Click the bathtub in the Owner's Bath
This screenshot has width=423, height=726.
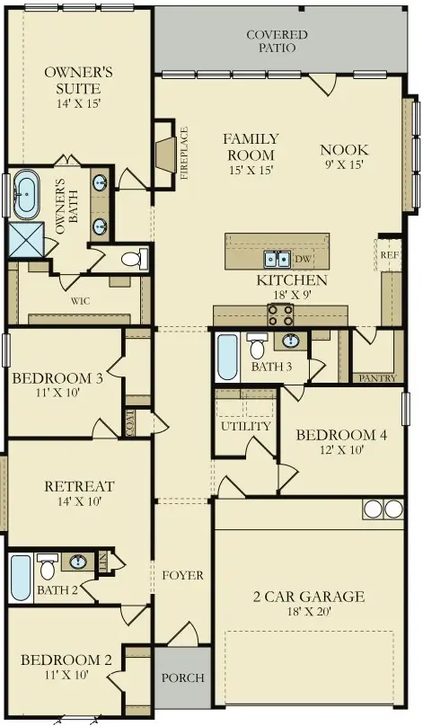pos(26,194)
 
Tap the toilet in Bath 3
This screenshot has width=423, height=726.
pos(256,345)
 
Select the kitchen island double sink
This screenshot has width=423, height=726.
pos(277,259)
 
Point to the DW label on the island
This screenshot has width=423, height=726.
pos(303,259)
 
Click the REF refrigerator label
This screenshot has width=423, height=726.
pos(390,255)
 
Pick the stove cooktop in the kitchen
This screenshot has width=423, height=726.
pos(281,315)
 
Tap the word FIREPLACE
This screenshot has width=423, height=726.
pos(184,153)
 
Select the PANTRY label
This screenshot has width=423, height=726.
pos(377,378)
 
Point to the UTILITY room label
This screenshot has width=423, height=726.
pos(245,426)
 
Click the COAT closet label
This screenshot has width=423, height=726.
pos(129,422)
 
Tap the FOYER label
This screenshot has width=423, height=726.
pos(183,576)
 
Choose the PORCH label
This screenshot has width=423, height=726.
pos(183,677)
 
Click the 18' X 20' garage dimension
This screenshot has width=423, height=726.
pos(308,612)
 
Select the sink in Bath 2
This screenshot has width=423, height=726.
pos(78,562)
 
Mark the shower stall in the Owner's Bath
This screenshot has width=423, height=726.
pos(26,240)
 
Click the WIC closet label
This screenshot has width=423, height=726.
pos(80,301)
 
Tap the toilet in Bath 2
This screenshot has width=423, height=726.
pos(48,566)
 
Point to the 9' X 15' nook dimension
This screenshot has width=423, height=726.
pos(343,164)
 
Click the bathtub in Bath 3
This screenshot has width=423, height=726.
pos(227,358)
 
